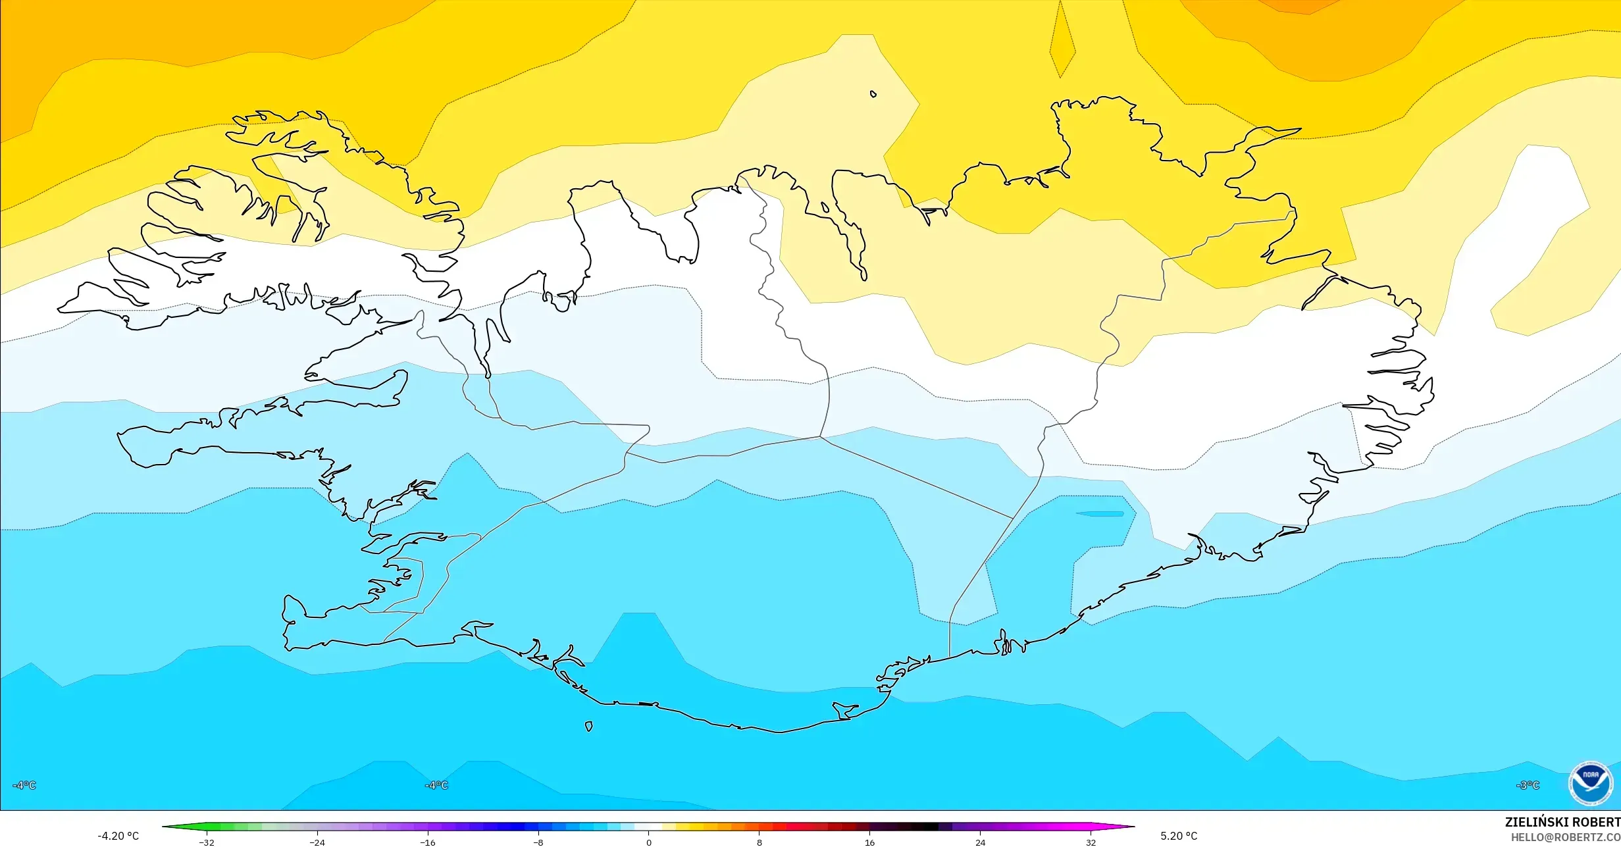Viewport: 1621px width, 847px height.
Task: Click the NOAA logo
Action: pos(1590,783)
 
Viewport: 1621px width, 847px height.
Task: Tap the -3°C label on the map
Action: pos(1528,785)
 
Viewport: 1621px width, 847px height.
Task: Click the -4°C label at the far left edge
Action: pos(24,785)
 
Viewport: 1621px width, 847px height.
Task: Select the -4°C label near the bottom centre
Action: pos(436,785)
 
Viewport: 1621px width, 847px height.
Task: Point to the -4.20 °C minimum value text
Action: pos(118,836)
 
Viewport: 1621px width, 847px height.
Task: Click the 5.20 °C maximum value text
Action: pos(1179,836)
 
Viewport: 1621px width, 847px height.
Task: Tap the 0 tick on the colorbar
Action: pos(649,842)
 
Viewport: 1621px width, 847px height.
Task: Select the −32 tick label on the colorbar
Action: pos(207,842)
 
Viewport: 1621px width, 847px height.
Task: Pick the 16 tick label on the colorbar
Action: pos(869,842)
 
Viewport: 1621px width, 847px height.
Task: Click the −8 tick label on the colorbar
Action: pos(538,842)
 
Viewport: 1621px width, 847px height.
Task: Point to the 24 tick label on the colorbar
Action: pos(980,842)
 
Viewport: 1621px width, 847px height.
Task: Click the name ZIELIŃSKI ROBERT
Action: pos(1562,822)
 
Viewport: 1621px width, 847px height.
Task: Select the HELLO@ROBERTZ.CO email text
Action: pos(1565,837)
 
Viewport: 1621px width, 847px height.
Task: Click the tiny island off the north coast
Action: pos(873,94)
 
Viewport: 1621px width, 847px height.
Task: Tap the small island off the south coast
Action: pos(589,727)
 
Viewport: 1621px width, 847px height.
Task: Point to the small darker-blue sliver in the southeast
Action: pos(1100,513)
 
